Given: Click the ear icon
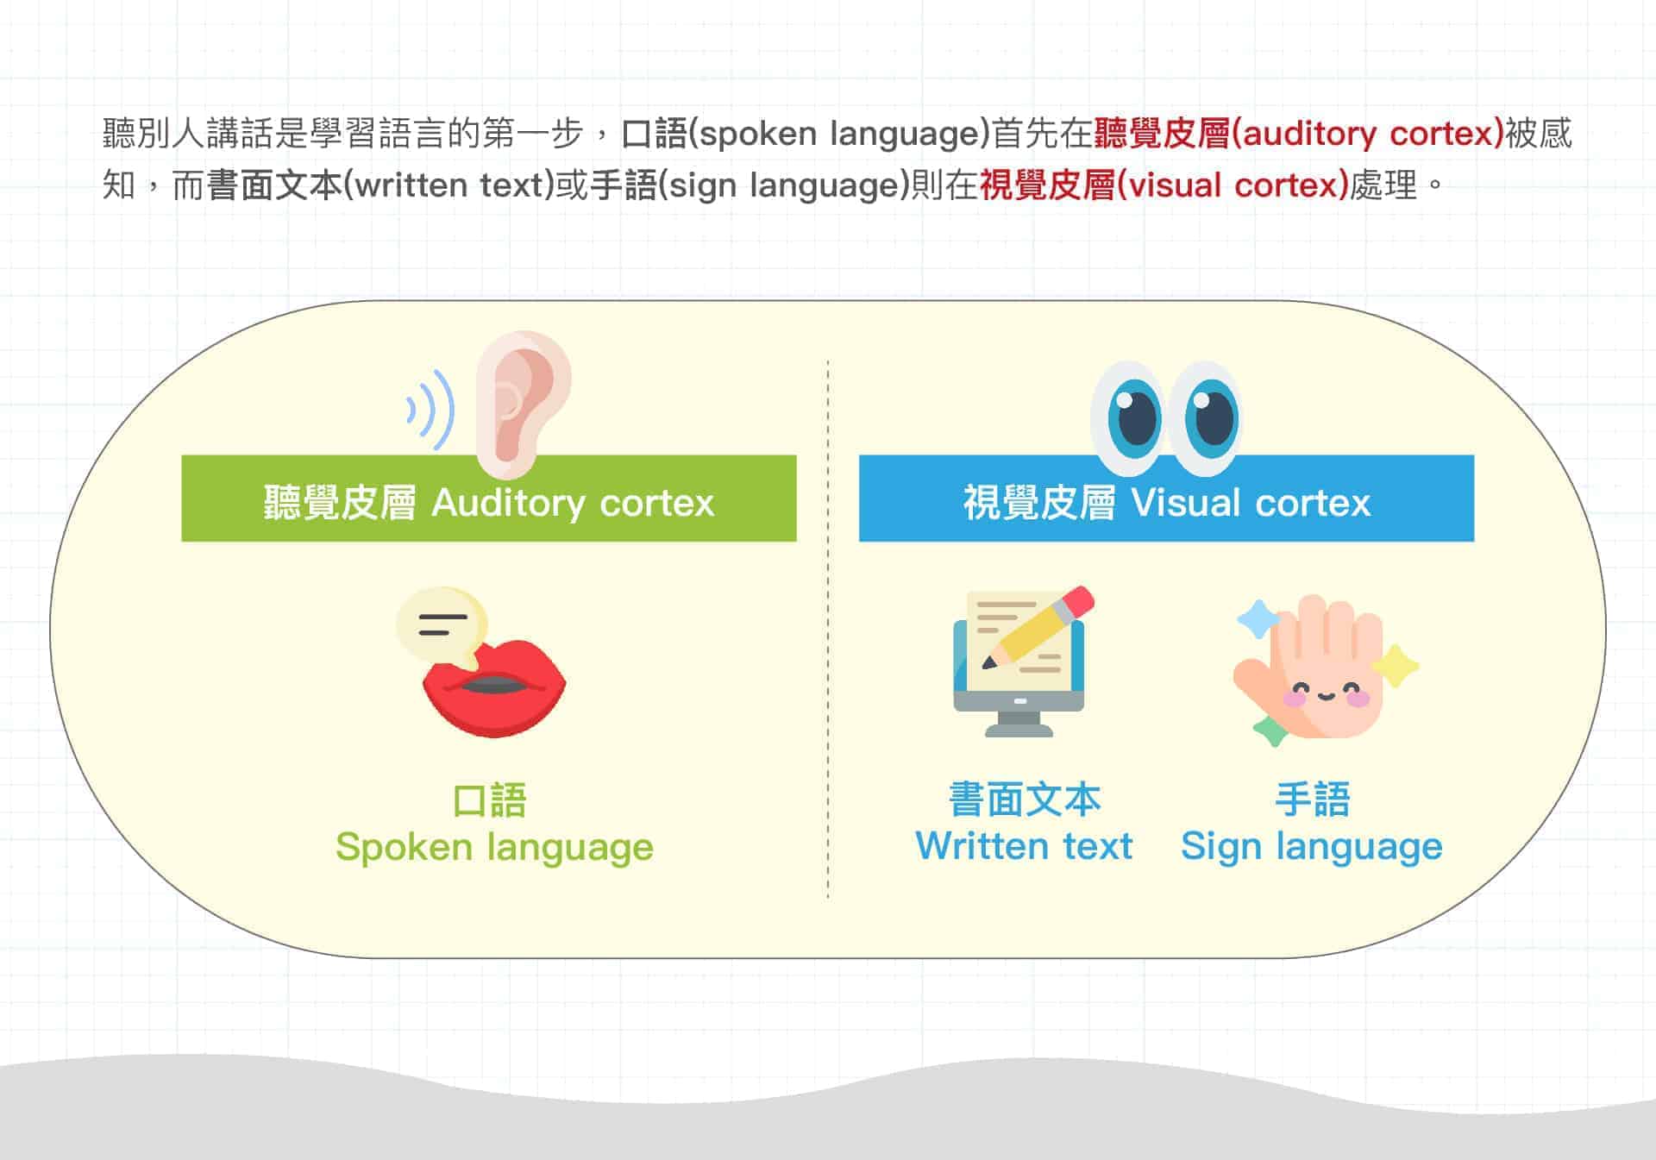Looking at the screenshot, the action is pos(524,404).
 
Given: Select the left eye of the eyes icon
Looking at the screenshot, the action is pos(1130,418).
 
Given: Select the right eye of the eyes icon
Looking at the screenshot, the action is pos(1206,418).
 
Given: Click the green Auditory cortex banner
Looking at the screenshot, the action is pos(489,498).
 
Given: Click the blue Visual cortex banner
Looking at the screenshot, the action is pos(1166,498).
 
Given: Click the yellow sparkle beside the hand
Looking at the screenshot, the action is pos(1395,667).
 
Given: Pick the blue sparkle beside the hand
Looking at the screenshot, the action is pos(1258,619).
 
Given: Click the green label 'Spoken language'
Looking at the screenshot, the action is pos(494,848).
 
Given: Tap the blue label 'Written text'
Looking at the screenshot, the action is pos(1024,846).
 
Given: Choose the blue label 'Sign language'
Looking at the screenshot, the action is pos(1311,848).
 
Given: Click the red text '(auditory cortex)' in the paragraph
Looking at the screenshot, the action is pos(1368,134).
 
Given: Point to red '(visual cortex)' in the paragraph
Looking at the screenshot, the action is pos(1233,185).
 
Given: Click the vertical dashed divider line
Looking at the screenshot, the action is pos(828,630).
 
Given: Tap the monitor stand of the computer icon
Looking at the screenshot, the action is pos(1019,724).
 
